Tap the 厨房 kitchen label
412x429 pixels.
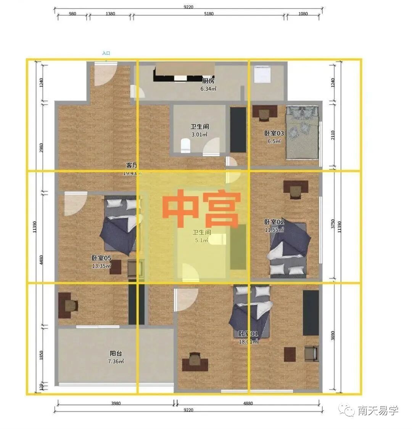pyautogui.click(x=208, y=81)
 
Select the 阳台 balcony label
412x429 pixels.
pyautogui.click(x=116, y=353)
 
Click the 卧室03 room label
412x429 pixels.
pyautogui.click(x=274, y=133)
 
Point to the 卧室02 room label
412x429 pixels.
pyautogui.click(x=274, y=222)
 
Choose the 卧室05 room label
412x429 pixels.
pyautogui.click(x=101, y=258)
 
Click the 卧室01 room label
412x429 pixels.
pyautogui.click(x=248, y=334)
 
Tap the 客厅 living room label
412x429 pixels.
pyautogui.click(x=132, y=165)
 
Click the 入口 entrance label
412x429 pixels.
pyautogui.click(x=106, y=53)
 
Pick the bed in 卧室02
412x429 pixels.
pyautogui.click(x=289, y=249)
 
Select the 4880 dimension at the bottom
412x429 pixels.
pyautogui.click(x=248, y=403)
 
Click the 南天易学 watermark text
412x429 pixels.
pyautogui.click(x=378, y=411)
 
